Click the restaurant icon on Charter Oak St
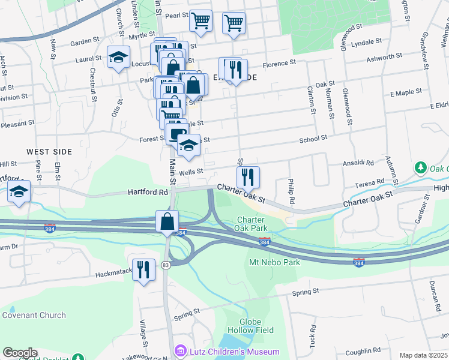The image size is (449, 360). pos(248,178)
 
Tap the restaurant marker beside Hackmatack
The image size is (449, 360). pos(143,269)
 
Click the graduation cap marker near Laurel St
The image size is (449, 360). pos(119,58)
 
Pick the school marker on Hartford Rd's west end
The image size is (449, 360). pos(19,192)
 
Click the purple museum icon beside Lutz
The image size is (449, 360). pos(179,350)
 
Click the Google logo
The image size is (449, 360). pos(19,353)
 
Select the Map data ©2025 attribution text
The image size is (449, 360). pos(423,355)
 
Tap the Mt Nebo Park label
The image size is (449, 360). pos(274,262)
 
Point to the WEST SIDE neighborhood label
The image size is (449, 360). pos(49,152)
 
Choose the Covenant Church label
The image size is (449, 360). pos(34,315)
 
